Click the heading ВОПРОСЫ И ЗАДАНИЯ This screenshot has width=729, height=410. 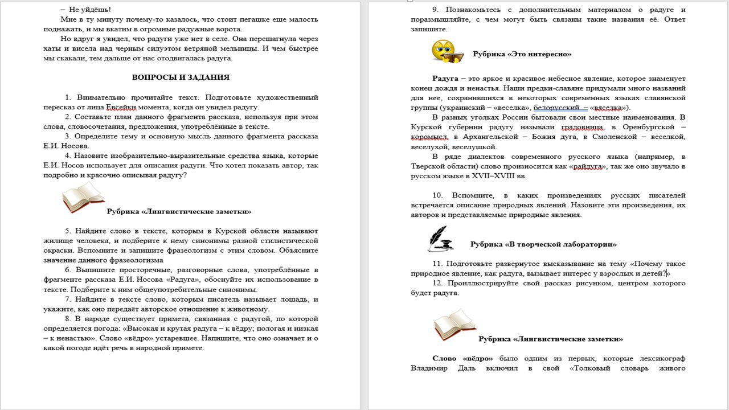coord(181,77)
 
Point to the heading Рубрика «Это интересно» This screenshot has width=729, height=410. coord(522,54)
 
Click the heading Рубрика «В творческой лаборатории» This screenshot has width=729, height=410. coord(543,244)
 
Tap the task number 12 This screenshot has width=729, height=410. coord(437,283)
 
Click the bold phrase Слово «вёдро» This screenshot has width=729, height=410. coord(463,358)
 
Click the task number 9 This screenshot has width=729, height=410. coord(435,10)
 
